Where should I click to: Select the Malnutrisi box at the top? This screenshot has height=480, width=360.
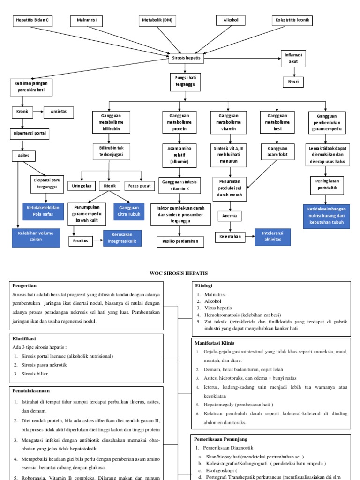(x=86, y=21)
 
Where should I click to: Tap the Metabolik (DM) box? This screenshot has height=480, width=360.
(x=157, y=21)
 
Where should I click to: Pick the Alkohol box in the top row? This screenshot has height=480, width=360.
(x=230, y=21)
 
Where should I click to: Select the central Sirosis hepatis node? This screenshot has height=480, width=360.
(x=187, y=58)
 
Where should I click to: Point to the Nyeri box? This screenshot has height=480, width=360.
(x=293, y=82)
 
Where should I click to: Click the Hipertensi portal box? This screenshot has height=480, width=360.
(x=30, y=134)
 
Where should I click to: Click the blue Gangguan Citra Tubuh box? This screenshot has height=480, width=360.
(x=129, y=211)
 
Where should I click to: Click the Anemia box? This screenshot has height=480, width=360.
(x=230, y=216)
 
